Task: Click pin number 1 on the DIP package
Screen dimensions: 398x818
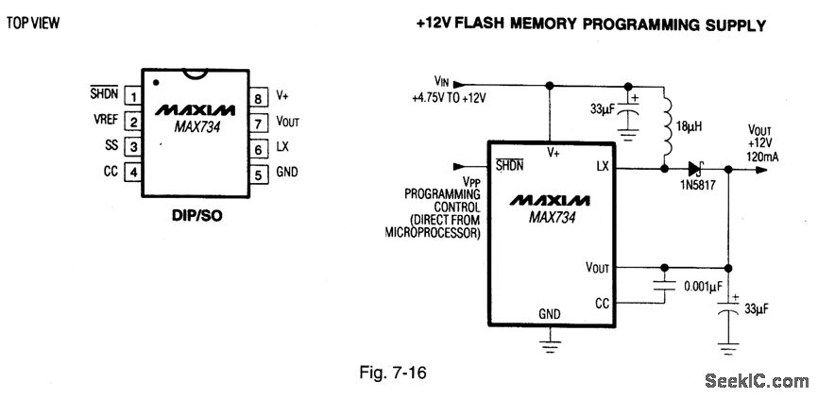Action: [x=134, y=96]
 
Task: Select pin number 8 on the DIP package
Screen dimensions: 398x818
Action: [x=258, y=96]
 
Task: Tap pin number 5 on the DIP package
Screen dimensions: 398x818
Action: [x=258, y=174]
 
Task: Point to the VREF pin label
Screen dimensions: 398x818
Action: [x=106, y=122]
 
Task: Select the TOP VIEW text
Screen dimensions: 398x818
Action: [x=34, y=23]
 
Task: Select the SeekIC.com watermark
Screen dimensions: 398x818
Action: [x=757, y=381]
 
